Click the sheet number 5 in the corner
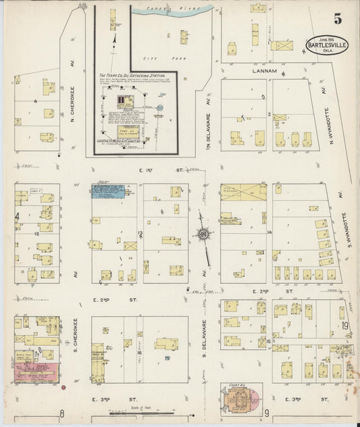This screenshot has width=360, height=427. click(x=337, y=19)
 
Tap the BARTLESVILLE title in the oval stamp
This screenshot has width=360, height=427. click(x=328, y=47)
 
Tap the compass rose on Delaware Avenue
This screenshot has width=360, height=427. click(x=202, y=235)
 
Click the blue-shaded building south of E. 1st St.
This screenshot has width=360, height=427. click(x=108, y=191)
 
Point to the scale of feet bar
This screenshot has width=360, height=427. click(x=142, y=411)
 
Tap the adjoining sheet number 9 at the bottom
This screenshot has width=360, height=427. click(x=267, y=413)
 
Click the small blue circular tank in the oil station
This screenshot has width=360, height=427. click(x=160, y=107)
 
